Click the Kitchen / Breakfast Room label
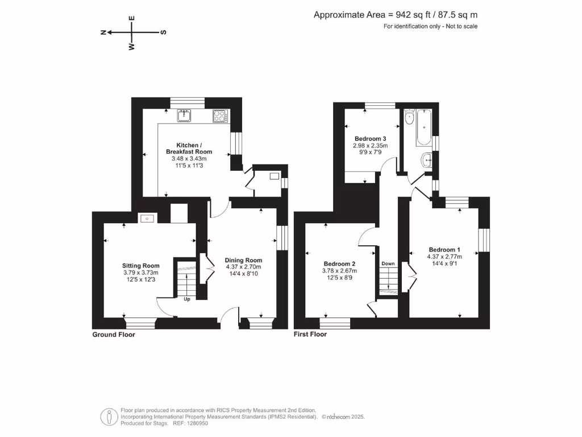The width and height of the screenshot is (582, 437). [x=189, y=148]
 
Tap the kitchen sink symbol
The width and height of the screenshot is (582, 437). [x=184, y=116]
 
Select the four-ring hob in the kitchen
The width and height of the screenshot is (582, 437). [x=219, y=116]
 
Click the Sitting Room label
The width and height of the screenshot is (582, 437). [x=141, y=266]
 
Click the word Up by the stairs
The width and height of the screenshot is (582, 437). [x=187, y=298]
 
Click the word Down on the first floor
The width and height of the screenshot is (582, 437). [x=388, y=263]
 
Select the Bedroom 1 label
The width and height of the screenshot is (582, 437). [x=444, y=250]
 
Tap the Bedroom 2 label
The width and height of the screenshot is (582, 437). [x=339, y=264]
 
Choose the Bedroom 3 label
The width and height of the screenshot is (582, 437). [x=371, y=139]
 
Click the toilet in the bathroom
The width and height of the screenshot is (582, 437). [x=408, y=119]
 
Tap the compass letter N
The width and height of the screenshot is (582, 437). [x=103, y=32]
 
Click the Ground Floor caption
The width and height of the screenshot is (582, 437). [x=114, y=335]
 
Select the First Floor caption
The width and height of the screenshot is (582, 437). [x=310, y=335]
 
